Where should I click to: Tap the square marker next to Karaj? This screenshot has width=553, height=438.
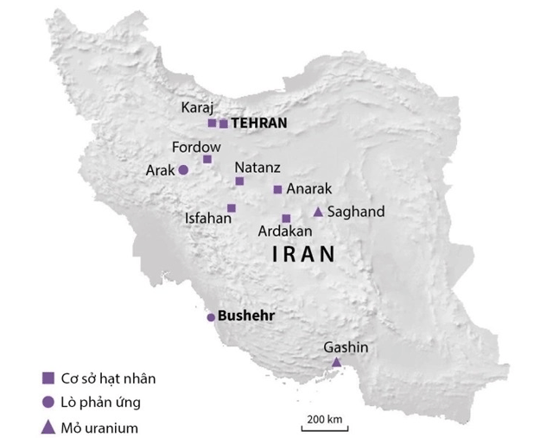point(212,123)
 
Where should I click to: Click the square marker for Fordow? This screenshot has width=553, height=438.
point(207,159)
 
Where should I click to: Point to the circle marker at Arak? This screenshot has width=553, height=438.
point(183,170)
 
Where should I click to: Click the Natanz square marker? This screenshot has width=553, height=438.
point(240,181)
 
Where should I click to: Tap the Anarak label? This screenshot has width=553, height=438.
point(308,188)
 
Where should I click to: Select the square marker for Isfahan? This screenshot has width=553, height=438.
point(232,207)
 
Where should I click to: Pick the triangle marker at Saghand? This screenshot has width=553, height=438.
point(317,212)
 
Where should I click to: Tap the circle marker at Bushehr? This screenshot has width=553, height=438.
point(210,317)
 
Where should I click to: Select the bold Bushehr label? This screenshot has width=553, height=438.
point(246,316)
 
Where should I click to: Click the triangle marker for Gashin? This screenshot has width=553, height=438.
point(337,361)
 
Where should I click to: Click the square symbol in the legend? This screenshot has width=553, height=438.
point(48,378)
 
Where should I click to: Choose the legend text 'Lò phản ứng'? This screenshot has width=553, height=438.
point(98,403)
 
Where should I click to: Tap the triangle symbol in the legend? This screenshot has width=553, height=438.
point(48,427)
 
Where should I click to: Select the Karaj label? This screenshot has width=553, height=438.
point(196,108)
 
